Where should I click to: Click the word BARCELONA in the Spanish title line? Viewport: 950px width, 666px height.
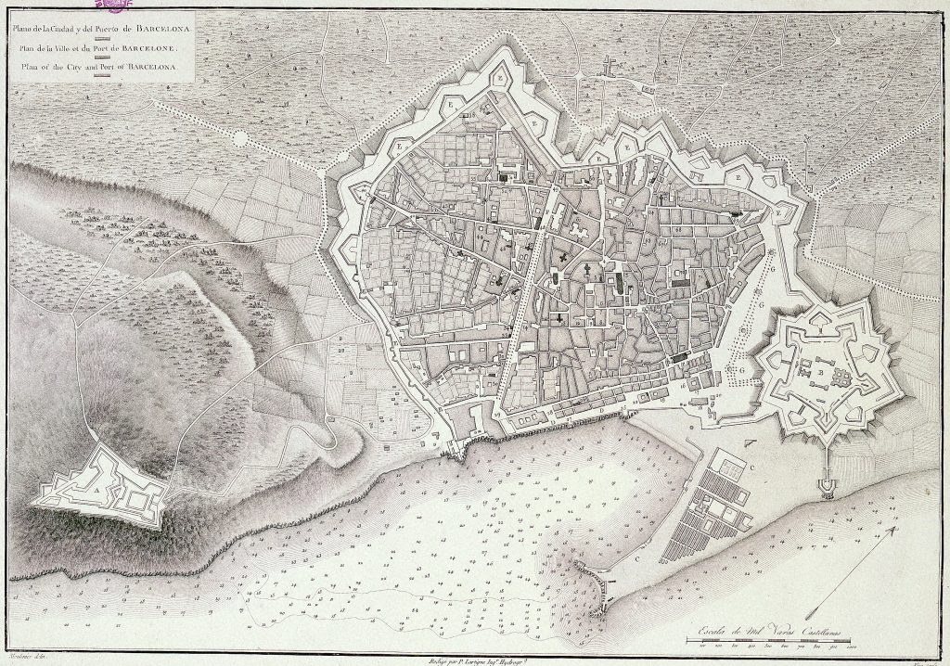(164, 28)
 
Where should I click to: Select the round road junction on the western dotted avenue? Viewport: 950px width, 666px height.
(240, 138)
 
